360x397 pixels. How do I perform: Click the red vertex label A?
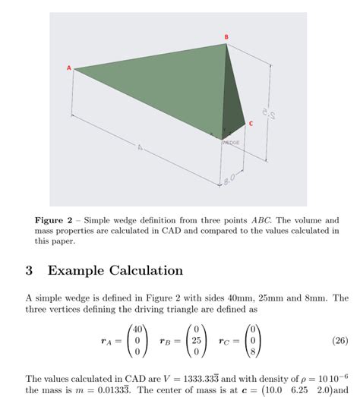coord(68,68)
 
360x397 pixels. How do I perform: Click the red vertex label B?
coord(226,36)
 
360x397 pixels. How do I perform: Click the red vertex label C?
coord(251,123)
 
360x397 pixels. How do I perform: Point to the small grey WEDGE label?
coord(231,142)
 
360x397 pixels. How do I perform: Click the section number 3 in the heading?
coord(29,270)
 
